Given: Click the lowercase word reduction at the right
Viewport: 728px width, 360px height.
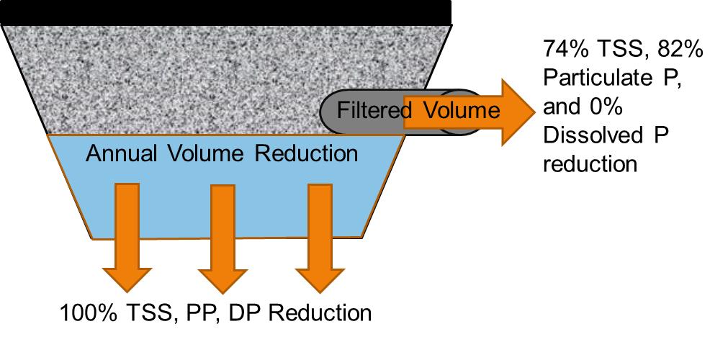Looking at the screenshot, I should point(590,163).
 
